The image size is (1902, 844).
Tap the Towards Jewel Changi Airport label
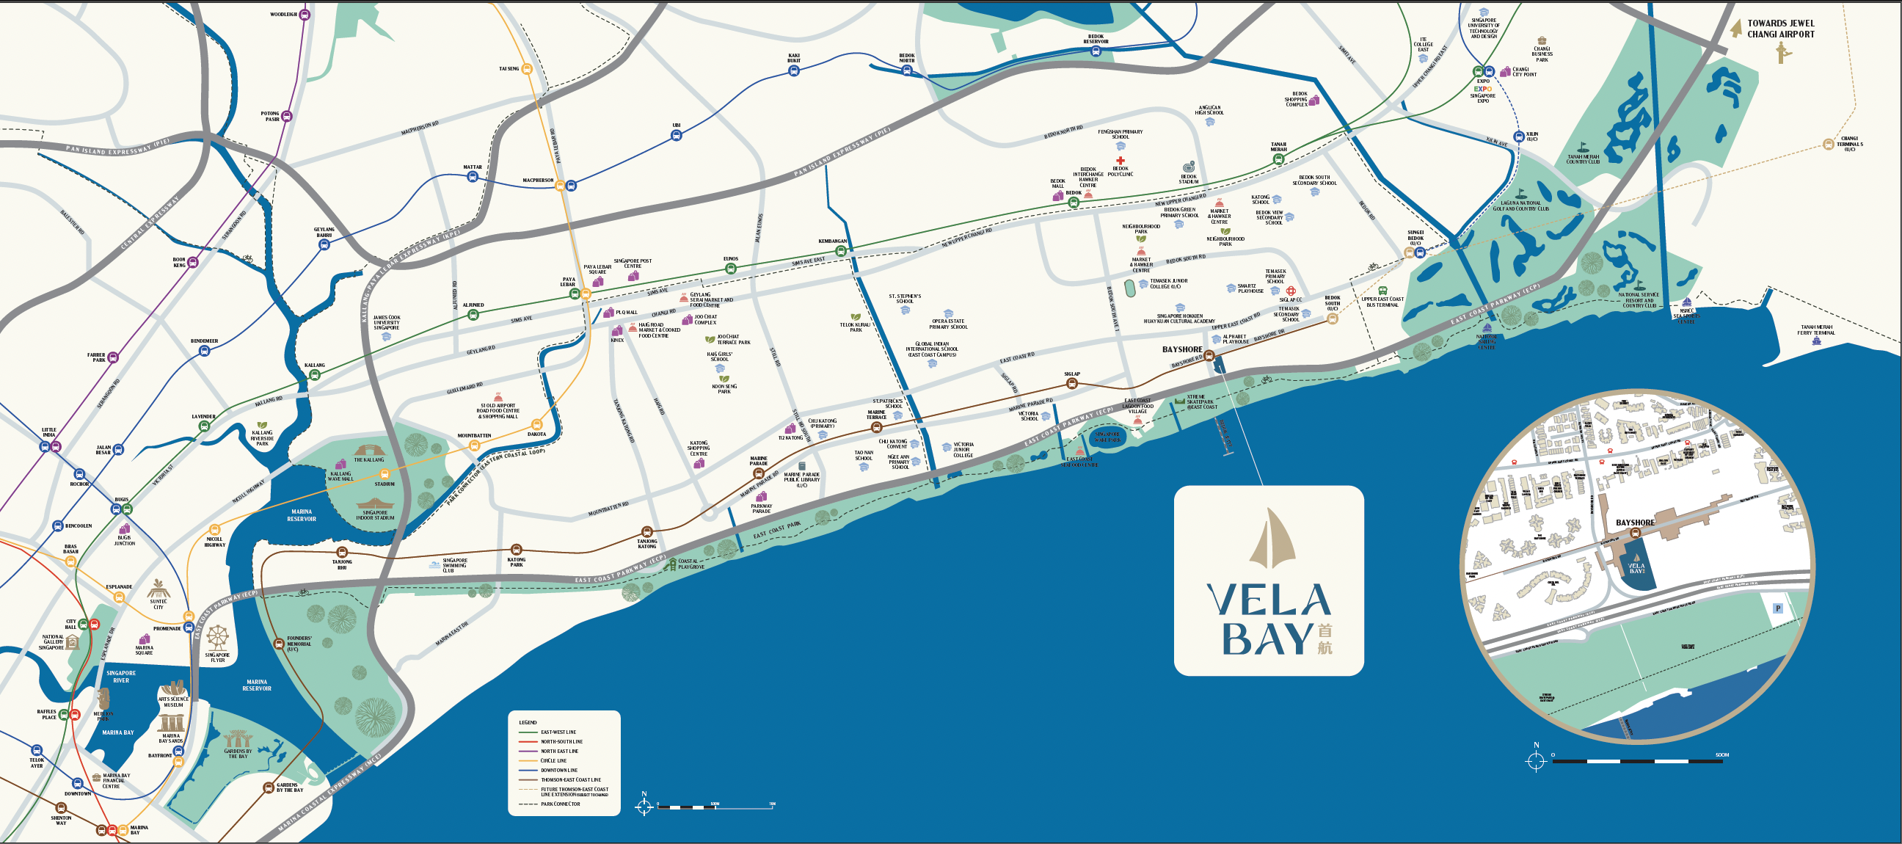[x=1780, y=29]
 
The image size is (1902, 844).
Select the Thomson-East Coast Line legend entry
[x=570, y=779]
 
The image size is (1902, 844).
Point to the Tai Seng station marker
[x=526, y=69]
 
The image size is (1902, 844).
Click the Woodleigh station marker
[x=305, y=14]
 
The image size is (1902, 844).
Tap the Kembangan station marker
[x=840, y=251]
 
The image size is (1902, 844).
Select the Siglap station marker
[x=1072, y=383]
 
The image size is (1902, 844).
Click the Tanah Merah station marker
[x=1279, y=159]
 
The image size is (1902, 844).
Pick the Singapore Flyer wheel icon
[x=218, y=637]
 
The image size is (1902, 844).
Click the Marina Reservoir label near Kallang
[x=302, y=514]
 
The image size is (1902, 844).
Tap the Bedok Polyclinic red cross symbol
[x=1120, y=160]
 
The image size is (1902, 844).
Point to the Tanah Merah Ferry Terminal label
[x=1815, y=330]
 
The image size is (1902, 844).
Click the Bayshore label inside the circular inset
[x=1635, y=522]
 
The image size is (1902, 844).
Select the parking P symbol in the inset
[x=1778, y=608]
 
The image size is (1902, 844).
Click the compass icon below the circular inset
[x=1537, y=760]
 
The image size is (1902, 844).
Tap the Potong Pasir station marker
[x=287, y=116]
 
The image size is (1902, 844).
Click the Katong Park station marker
[x=517, y=550]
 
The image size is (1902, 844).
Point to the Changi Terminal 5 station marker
[x=1828, y=144]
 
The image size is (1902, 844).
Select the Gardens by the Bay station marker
[x=268, y=788]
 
